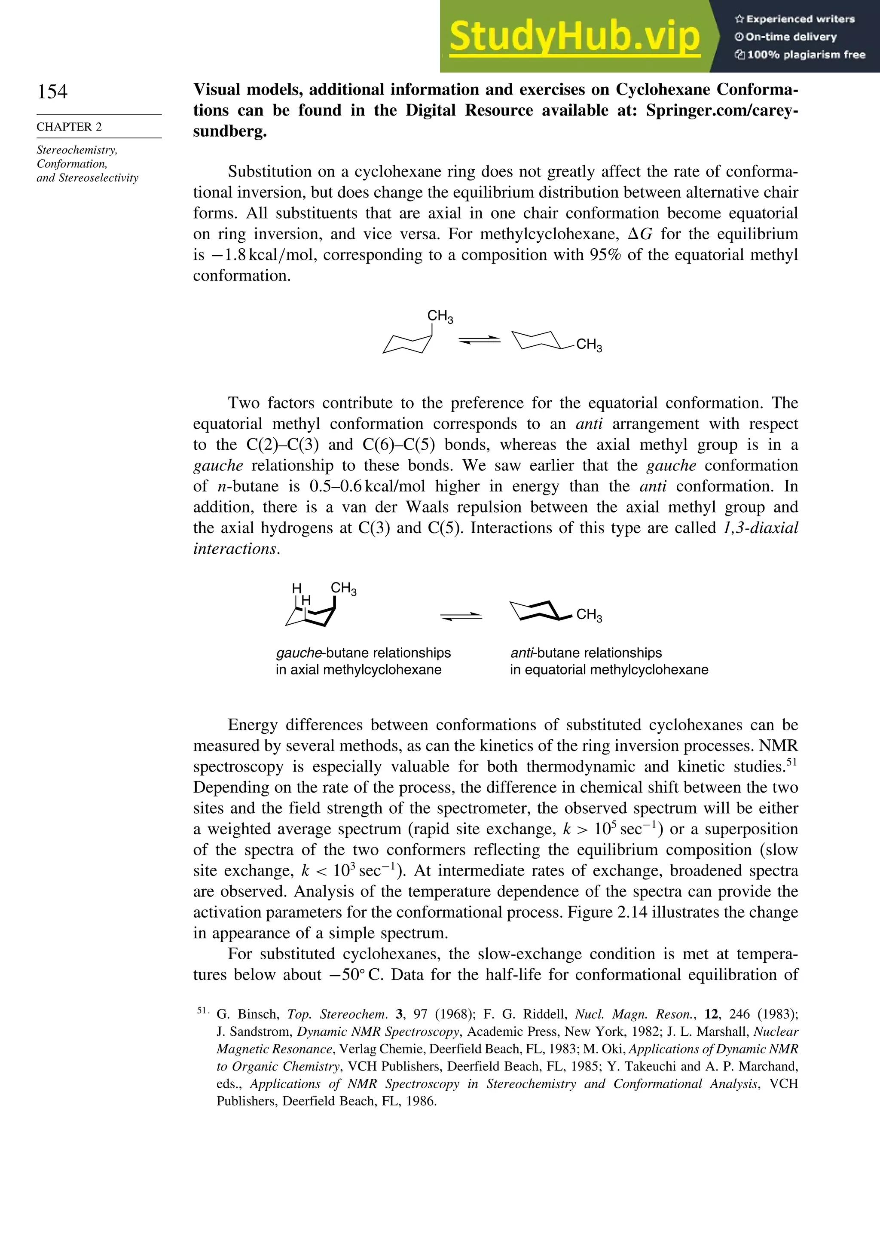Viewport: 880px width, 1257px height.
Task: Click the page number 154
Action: point(52,92)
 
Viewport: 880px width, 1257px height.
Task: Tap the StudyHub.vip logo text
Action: point(574,37)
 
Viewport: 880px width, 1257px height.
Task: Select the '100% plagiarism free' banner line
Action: point(800,55)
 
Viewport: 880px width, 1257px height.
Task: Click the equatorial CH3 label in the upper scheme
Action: point(589,345)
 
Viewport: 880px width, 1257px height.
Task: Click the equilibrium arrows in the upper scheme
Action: point(480,340)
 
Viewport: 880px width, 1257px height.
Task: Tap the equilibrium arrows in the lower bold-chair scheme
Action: point(461,616)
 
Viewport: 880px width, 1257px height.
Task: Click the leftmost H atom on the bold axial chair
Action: point(297,589)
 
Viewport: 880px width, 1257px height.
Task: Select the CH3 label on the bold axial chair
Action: point(343,589)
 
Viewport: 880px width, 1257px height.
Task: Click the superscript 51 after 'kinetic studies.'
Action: point(792,762)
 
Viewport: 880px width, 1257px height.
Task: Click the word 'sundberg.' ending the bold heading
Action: point(230,132)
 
